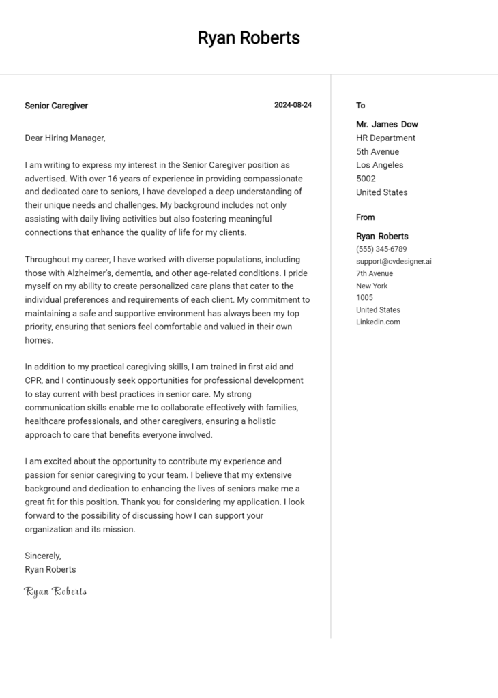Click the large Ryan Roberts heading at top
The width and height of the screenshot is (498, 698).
[249, 38]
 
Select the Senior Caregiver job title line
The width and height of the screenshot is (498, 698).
[56, 106]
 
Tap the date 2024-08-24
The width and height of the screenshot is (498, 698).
[293, 106]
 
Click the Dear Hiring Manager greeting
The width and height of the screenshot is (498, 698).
[65, 138]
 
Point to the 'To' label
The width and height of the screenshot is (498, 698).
[361, 106]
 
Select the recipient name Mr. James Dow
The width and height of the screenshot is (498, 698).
[387, 125]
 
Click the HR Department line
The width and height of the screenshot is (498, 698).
[385, 138]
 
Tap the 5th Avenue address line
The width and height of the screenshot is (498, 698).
[377, 152]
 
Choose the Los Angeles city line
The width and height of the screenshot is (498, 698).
[379, 166]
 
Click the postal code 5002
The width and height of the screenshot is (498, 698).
[366, 179]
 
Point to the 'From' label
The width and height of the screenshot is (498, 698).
[366, 217]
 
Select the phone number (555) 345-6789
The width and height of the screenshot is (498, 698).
[381, 249]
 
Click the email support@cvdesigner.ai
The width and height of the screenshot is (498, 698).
[394, 262]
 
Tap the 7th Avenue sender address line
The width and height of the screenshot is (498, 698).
[375, 274]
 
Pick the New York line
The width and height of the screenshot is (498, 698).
[372, 286]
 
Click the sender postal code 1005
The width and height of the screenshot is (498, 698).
[364, 298]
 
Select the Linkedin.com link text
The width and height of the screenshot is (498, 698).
[378, 322]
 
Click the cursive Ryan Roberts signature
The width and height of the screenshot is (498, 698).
[56, 592]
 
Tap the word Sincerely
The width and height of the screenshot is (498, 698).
[42, 556]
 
